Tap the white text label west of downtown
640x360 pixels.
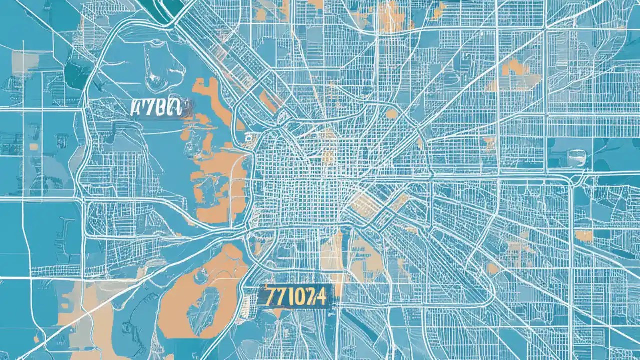coord(156,108)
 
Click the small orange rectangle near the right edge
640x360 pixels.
coord(583,235)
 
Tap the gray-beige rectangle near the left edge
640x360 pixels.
coord(25,62)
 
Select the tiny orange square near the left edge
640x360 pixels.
coord(33,146)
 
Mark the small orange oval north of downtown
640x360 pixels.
coord(391,114)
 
